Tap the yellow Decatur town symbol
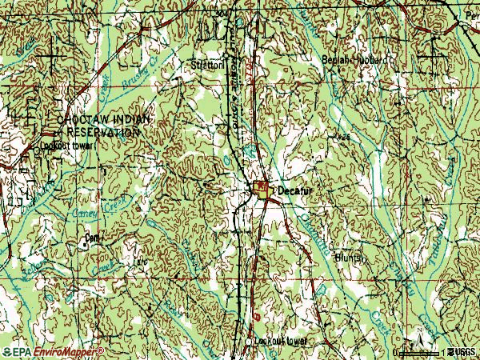[x=262, y=189]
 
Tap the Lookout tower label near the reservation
[x=70, y=146]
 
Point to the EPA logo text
[x=20, y=352]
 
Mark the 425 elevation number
[x=344, y=138]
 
